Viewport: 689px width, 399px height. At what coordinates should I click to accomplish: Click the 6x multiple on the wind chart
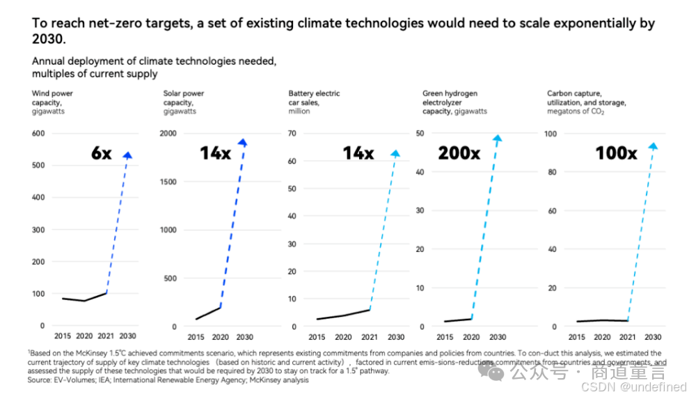coord(101,153)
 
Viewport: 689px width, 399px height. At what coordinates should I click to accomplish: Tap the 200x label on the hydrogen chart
coord(459,152)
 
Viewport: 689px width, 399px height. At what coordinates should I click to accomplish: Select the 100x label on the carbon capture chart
coord(616,152)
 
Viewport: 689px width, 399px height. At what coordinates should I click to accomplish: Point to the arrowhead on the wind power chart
coord(127,155)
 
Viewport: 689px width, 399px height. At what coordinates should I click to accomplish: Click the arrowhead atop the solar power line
coord(242,143)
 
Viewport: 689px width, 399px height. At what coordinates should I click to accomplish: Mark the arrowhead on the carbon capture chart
coord(653,146)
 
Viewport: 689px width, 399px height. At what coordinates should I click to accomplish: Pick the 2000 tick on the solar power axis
coord(170,133)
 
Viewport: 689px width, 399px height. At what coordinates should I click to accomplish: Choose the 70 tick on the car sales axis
coord(292,133)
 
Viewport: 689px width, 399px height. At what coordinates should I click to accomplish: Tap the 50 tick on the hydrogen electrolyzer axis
coord(420,133)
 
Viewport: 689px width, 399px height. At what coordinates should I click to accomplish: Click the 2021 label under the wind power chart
coord(106,336)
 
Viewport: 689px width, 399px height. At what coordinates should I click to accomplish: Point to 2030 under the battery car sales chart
coord(395,337)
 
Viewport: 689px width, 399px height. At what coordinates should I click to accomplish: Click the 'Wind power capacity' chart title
coord(52,98)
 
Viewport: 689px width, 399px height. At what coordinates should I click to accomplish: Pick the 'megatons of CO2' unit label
coord(576,111)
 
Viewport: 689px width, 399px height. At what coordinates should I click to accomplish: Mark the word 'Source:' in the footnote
coord(40,380)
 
